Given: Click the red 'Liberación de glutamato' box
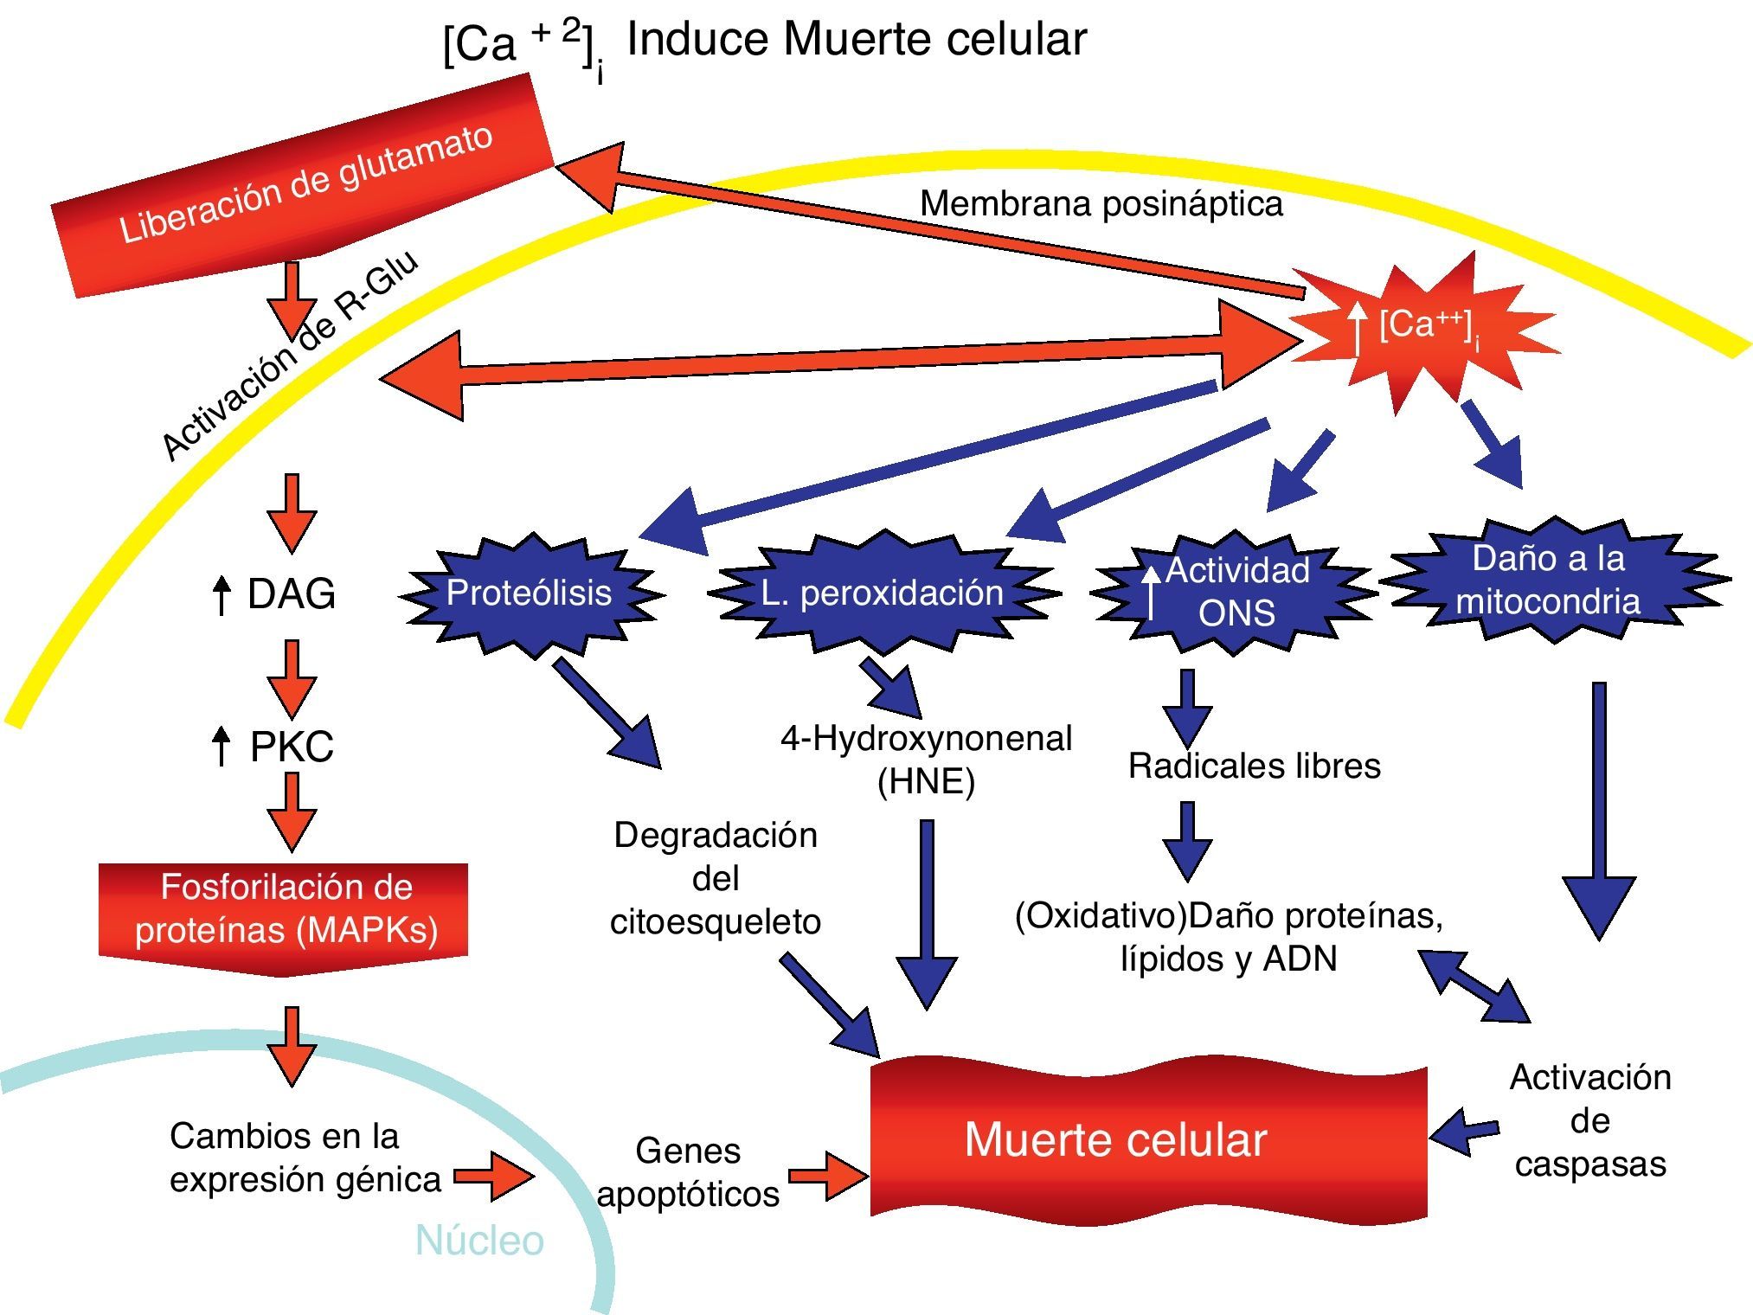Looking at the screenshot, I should tap(303, 186).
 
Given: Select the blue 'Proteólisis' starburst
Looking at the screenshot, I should tap(530, 593).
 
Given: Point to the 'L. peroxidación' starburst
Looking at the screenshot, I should tap(883, 593).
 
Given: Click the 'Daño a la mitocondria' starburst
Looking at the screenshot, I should tap(1549, 580).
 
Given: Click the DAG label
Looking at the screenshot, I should tap(291, 594).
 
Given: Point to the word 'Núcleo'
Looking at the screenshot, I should tap(479, 1241).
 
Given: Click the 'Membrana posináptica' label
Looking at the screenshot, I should tap(1101, 204).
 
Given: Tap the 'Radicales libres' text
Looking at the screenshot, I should tap(1254, 767).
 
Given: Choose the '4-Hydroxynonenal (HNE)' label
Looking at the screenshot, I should tap(926, 760).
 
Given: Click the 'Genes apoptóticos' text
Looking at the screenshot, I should tap(688, 1172).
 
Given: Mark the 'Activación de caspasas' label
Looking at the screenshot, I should tap(1590, 1120).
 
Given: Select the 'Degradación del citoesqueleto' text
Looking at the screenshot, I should tap(716, 878).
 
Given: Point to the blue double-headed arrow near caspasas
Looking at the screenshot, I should tap(1476, 986).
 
